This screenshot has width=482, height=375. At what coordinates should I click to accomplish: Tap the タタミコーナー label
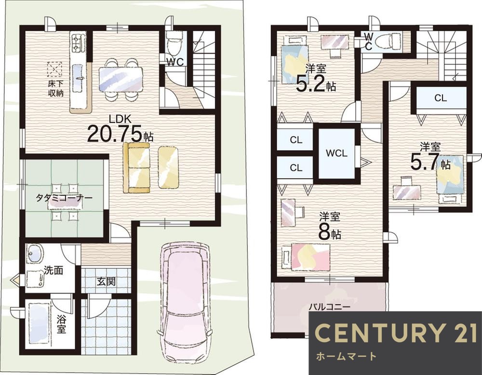pyautogui.click(x=64, y=198)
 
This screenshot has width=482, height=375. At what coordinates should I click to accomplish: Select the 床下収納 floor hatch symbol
pyautogui.click(x=55, y=69)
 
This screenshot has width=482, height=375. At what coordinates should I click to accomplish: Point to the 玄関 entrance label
pyautogui.click(x=107, y=281)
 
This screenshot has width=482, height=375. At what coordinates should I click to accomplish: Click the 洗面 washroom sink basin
pyautogui.click(x=34, y=254)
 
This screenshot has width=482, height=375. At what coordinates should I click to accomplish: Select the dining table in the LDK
pyautogui.click(x=121, y=79)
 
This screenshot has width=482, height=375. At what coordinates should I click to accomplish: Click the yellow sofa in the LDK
pyautogui.click(x=136, y=167)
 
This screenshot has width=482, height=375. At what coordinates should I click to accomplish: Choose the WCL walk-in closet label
pyautogui.click(x=336, y=153)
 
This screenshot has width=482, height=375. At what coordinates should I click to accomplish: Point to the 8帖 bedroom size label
pyautogui.click(x=330, y=234)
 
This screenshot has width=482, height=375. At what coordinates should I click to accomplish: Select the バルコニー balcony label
pyautogui.click(x=330, y=307)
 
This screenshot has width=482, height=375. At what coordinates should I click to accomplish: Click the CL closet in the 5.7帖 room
pyautogui.click(x=441, y=98)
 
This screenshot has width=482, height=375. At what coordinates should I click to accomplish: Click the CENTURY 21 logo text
pyautogui.click(x=396, y=333)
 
